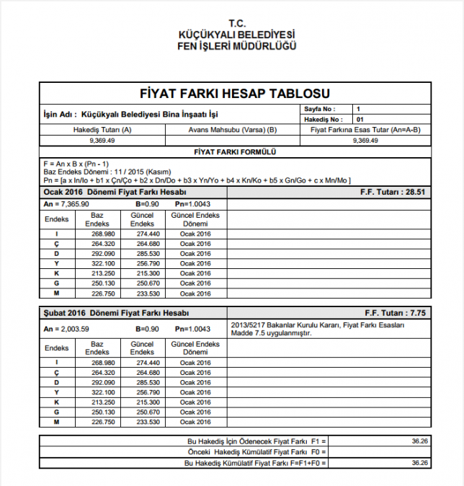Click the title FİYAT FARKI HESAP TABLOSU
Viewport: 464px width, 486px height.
click(x=235, y=94)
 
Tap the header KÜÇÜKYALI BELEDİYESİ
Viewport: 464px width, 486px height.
click(x=237, y=35)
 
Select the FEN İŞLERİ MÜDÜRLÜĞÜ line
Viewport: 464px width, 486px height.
click(x=237, y=46)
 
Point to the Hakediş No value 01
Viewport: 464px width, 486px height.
click(x=360, y=119)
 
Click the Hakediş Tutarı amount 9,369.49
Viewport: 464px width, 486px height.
click(x=102, y=141)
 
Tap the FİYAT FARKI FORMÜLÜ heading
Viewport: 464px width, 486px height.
click(x=235, y=152)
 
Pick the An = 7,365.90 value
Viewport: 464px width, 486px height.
click(x=65, y=205)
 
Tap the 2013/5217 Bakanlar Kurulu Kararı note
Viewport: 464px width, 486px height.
click(x=318, y=328)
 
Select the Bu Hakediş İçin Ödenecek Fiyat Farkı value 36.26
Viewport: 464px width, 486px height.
click(x=420, y=440)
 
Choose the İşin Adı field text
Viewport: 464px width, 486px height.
click(x=130, y=114)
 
